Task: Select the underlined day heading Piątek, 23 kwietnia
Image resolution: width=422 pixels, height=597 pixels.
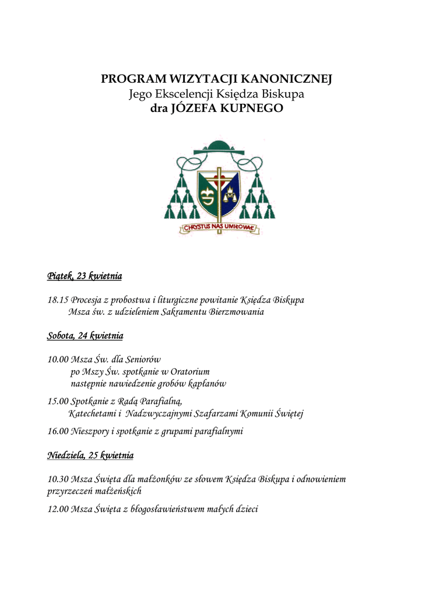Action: (85, 276)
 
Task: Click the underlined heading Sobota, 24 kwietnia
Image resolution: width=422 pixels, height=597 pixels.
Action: (85, 336)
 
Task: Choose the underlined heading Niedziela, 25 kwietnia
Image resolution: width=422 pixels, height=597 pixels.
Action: (90, 455)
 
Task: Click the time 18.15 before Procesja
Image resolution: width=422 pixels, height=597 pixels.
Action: (58, 300)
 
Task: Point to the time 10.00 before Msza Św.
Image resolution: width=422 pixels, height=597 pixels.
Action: (58, 360)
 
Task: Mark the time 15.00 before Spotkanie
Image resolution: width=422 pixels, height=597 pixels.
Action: (58, 401)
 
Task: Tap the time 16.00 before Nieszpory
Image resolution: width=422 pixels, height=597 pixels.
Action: (58, 432)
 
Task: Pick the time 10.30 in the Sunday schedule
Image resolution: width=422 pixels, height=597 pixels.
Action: (58, 479)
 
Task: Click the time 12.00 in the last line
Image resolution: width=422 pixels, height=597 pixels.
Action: (58, 510)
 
